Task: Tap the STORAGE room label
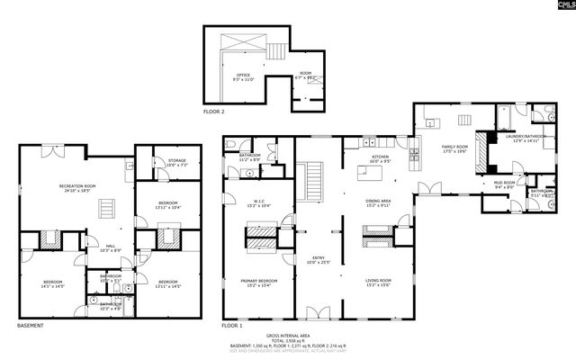[x=176, y=162]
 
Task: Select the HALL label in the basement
[x=111, y=247]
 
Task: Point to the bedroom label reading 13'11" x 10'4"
[x=168, y=205]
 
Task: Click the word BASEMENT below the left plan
[x=31, y=325]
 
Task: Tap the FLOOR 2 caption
[x=215, y=111]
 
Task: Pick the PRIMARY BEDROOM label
[x=258, y=282]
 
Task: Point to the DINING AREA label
[x=377, y=202]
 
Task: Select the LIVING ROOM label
[x=378, y=282]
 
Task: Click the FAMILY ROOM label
[x=454, y=148]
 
